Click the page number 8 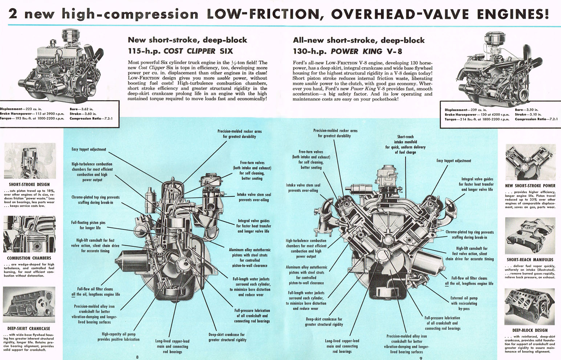137,357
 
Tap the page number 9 420,358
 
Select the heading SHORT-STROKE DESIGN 29,184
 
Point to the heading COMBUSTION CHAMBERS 29,258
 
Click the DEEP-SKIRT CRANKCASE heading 29,328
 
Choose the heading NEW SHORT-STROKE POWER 530,185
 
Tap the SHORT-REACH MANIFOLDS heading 530,259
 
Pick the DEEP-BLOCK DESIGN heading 530,330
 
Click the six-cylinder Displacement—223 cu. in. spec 21,109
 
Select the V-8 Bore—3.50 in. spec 527,110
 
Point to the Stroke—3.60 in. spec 83,114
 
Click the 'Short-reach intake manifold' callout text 405,144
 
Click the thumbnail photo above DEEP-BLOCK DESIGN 530,307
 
